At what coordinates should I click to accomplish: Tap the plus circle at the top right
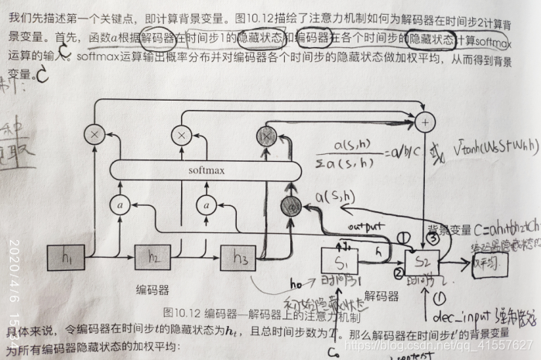[x=424, y=121]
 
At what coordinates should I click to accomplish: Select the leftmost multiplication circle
[x=95, y=135]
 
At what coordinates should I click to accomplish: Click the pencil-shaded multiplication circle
[x=268, y=136]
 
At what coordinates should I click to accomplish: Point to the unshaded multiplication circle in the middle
[x=181, y=135]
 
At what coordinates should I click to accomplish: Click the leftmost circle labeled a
[x=121, y=204]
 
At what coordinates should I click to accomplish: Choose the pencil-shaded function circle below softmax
[x=291, y=205]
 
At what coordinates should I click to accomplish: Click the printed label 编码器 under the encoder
[x=153, y=290]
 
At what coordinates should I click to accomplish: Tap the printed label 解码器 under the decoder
[x=382, y=295]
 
